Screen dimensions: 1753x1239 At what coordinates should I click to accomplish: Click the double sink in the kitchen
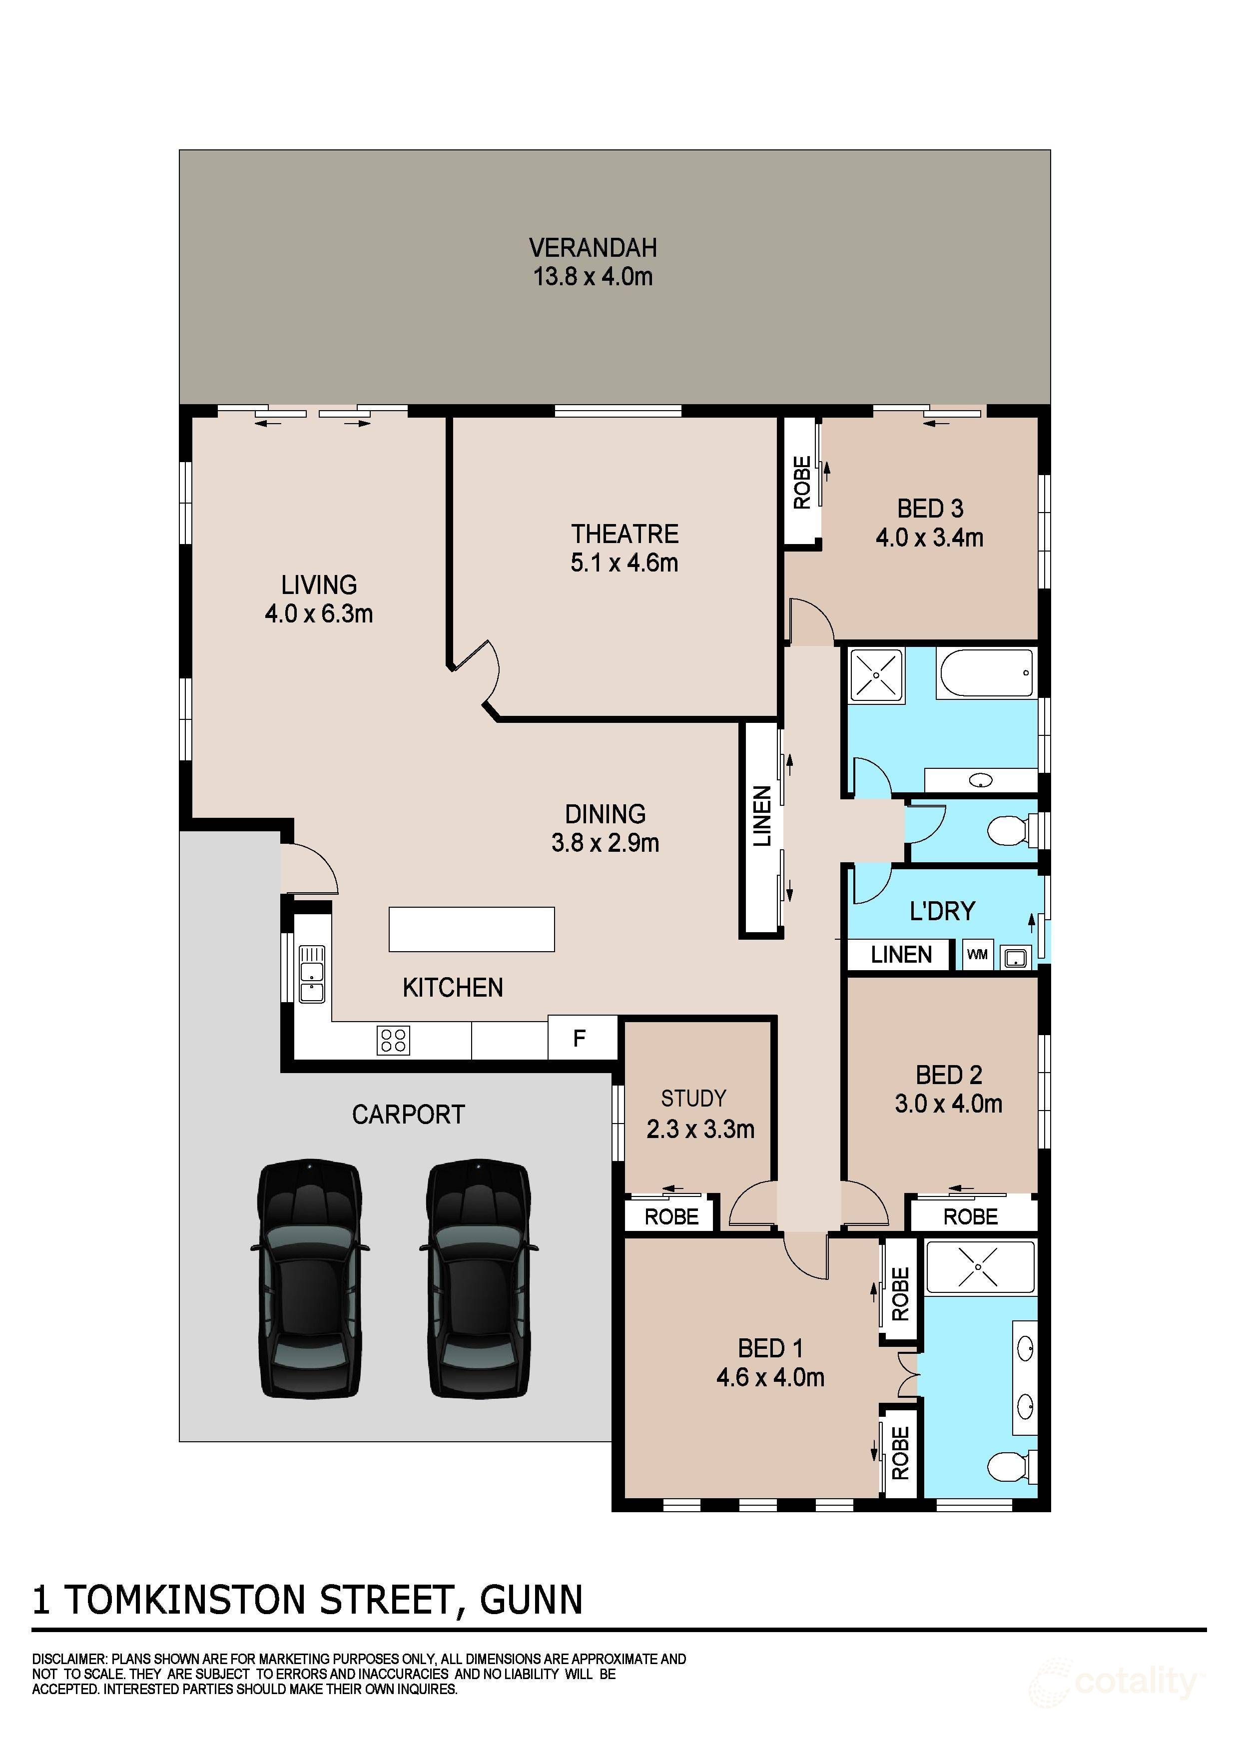pyautogui.click(x=311, y=974)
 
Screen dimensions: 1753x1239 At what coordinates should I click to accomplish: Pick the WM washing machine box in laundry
pyautogui.click(x=977, y=954)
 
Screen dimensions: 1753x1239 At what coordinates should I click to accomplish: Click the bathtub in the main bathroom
pyautogui.click(x=986, y=672)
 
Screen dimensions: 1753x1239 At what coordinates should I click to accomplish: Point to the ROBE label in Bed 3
pyautogui.click(x=801, y=483)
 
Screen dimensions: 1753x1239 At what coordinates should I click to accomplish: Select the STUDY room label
pyautogui.click(x=693, y=1099)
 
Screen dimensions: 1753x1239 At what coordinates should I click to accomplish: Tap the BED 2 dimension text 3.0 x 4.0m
pyautogui.click(x=948, y=1104)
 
